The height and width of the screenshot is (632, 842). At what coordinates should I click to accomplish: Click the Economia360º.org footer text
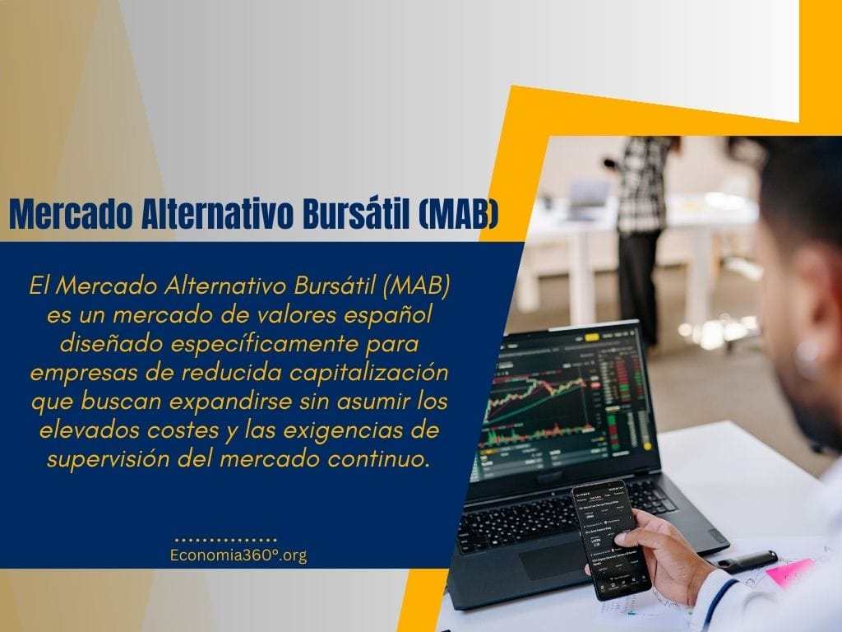click(x=238, y=555)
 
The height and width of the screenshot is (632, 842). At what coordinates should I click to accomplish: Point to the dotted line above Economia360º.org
click(x=226, y=536)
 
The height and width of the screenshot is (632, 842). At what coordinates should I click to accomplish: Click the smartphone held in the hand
click(x=608, y=539)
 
